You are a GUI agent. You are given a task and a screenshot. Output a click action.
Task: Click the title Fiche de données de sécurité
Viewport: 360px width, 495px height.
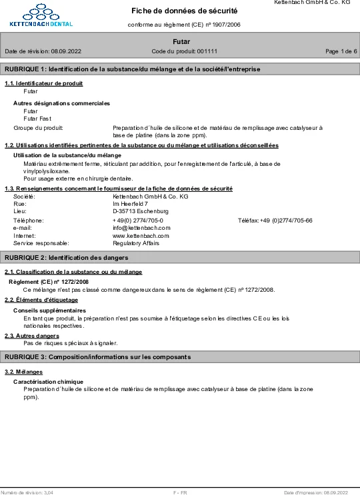[x=184, y=11]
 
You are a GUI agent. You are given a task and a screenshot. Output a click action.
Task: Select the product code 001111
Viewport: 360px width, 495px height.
[x=207, y=51]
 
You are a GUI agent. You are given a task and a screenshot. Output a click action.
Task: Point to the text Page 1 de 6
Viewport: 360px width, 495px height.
[x=341, y=51]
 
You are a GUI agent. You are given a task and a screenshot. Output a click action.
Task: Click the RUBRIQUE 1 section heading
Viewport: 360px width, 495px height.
[x=132, y=69]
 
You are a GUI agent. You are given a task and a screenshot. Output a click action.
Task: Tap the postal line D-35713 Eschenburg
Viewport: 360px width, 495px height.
[x=141, y=211]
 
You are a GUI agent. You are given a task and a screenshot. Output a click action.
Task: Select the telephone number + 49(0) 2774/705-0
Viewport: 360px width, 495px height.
[x=138, y=220]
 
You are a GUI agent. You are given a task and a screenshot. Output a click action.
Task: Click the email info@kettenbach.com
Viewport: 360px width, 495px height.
[x=141, y=228]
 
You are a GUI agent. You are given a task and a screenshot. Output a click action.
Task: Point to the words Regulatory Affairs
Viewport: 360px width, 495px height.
[x=137, y=244]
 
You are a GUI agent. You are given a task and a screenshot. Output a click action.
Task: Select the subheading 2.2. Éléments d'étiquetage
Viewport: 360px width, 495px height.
[x=41, y=300]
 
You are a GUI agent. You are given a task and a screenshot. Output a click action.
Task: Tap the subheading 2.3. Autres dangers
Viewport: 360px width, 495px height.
[x=32, y=336]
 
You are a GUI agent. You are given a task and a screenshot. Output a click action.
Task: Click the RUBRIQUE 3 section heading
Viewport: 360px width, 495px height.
[x=97, y=357]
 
